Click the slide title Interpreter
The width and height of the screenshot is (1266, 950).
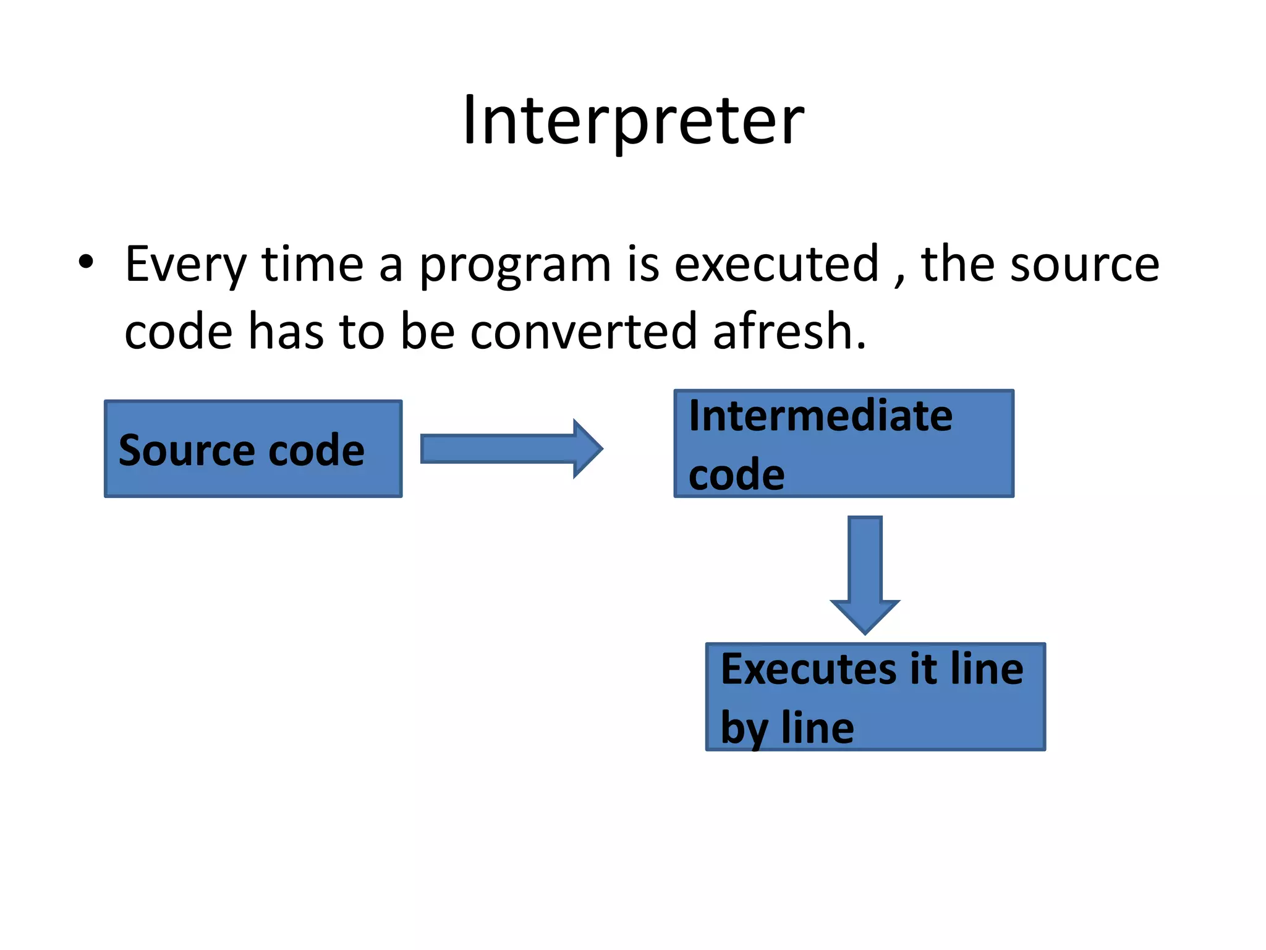633,121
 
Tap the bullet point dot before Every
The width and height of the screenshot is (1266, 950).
86,262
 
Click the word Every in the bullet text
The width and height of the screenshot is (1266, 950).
185,265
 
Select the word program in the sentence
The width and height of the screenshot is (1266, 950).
515,266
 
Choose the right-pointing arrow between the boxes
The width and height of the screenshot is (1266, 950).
510,448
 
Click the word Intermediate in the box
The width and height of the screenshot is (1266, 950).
820,416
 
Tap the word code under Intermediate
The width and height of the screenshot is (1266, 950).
736,475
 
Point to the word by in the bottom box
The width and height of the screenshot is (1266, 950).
744,729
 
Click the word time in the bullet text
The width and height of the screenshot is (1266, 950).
312,265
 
